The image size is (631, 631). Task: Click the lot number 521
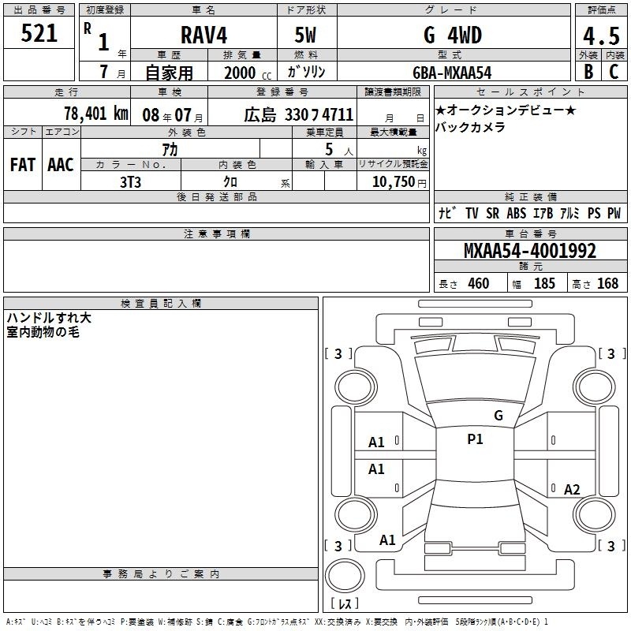(x=39, y=33)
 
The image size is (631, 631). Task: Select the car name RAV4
(x=203, y=35)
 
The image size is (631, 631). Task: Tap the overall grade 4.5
(x=601, y=35)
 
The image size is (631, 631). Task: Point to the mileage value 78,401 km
(x=96, y=114)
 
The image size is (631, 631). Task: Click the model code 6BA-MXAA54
(x=452, y=73)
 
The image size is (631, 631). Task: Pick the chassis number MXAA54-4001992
(x=529, y=251)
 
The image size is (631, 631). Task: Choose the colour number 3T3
(x=130, y=182)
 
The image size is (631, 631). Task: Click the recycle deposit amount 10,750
(x=394, y=182)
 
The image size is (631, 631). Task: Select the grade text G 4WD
(x=453, y=35)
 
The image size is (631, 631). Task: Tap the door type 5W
(x=305, y=35)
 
